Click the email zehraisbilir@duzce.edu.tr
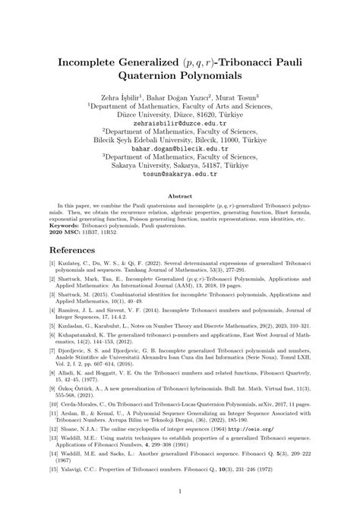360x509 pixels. [x=179, y=122]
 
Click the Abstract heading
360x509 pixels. [x=179, y=195]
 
